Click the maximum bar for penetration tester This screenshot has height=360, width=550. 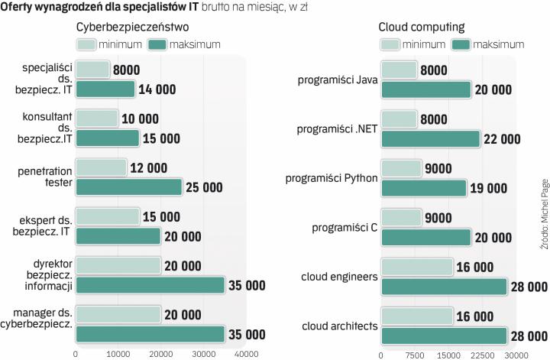[128, 187]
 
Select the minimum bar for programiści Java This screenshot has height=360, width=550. [398, 70]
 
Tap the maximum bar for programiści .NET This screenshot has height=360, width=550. [430, 138]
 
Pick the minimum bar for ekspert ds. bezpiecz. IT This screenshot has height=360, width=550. [107, 217]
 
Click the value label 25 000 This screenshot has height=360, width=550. [204, 187]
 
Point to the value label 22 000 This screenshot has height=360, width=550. [502, 139]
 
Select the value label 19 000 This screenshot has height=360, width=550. [488, 188]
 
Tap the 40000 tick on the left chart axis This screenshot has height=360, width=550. [246, 354]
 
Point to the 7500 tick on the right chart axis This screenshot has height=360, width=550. [414, 354]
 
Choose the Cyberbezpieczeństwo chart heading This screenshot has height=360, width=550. [131, 28]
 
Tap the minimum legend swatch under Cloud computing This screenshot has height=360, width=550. [391, 44]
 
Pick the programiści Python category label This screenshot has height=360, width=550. [332, 178]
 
